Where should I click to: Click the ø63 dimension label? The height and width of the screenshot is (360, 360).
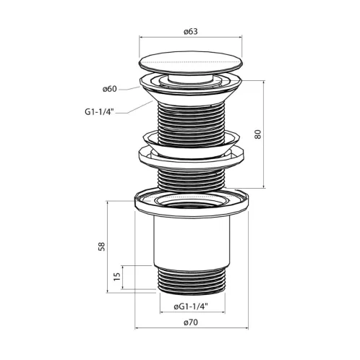[x=190, y=32]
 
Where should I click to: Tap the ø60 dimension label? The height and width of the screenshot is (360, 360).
[x=110, y=89]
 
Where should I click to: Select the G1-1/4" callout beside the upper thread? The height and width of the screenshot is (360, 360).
[x=99, y=112]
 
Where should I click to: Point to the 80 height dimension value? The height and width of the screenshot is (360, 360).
[x=257, y=134]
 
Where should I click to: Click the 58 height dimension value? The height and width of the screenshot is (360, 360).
[x=102, y=247]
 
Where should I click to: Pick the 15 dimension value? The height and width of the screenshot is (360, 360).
[x=116, y=276]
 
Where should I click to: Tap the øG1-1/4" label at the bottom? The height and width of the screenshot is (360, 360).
[x=191, y=307]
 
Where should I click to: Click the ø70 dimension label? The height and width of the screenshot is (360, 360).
[x=191, y=322]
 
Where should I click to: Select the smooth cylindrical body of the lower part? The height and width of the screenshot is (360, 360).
[x=192, y=241]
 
